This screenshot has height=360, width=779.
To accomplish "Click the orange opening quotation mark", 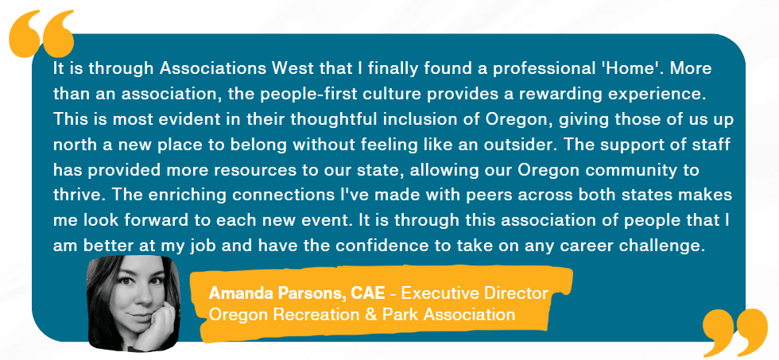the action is click(x=41, y=33).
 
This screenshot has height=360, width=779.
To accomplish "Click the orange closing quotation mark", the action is click(x=735, y=332).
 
